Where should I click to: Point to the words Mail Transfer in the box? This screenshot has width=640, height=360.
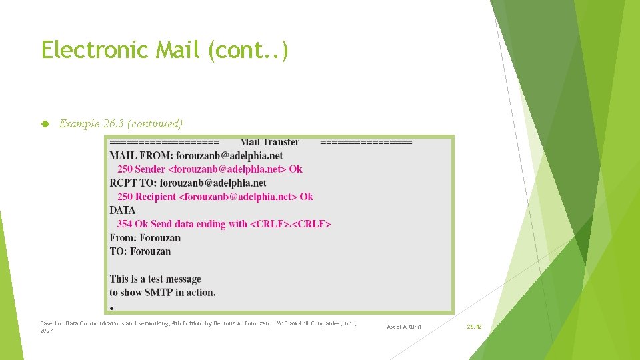pyautogui.click(x=269, y=142)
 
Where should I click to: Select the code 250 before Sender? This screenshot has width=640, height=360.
pyautogui.click(x=125, y=169)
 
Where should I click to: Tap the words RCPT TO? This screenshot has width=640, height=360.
pyautogui.click(x=133, y=183)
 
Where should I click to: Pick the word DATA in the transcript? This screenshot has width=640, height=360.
pyautogui.click(x=123, y=211)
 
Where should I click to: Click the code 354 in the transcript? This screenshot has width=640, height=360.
pyautogui.click(x=125, y=224)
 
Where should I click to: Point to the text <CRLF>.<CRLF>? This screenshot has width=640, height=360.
pyautogui.click(x=290, y=224)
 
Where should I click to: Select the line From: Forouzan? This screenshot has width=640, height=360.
pyautogui.click(x=145, y=238)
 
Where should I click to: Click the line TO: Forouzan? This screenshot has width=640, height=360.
pyautogui.click(x=140, y=251)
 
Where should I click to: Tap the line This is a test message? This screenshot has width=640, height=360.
pyautogui.click(x=155, y=279)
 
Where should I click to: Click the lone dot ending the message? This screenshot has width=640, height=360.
pyautogui.click(x=112, y=308)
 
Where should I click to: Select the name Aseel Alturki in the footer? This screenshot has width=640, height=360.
pyautogui.click(x=405, y=327)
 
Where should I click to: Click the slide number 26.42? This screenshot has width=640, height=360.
pyautogui.click(x=474, y=327)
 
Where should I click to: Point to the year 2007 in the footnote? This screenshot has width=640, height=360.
pyautogui.click(x=47, y=331)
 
